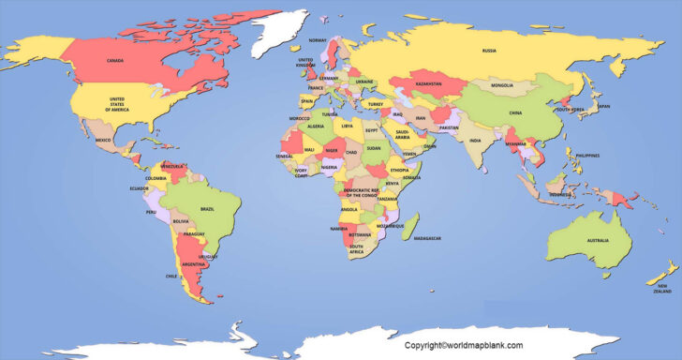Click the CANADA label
115,61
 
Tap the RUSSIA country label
489,51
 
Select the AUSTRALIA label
598,241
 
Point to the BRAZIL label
208,209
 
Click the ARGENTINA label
194,265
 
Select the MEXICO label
103,141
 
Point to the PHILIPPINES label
586,155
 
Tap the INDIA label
475,141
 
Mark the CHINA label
515,113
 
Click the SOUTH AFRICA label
357,250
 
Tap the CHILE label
171,277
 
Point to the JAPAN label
603,107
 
